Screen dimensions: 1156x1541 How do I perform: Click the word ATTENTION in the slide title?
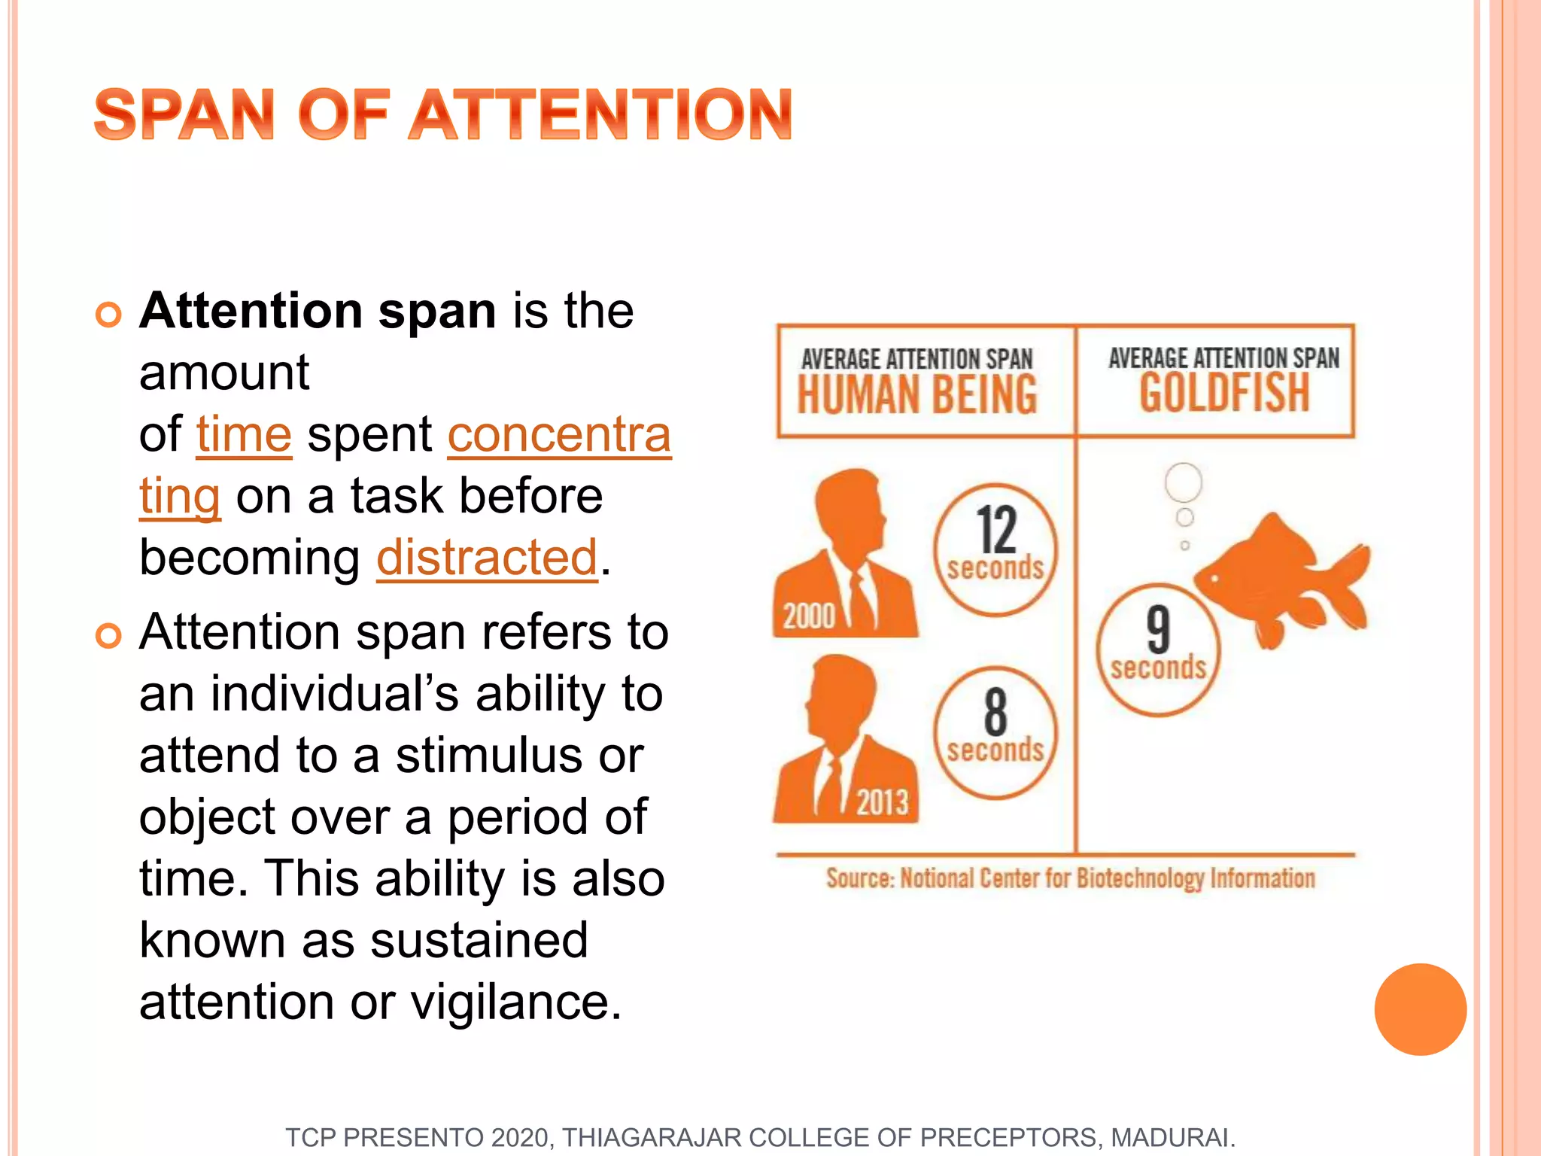click(600, 114)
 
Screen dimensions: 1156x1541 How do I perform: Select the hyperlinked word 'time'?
click(244, 435)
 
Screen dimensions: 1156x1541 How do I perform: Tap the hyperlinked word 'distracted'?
click(487, 558)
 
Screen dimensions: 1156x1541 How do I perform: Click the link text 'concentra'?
click(559, 435)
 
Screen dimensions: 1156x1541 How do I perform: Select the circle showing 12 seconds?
click(995, 549)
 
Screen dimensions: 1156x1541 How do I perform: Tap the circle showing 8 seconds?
click(995, 732)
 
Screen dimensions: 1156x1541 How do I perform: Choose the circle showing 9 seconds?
click(1158, 649)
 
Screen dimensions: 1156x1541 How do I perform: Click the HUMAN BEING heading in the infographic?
click(917, 394)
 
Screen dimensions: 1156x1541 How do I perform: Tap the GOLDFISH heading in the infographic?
click(1224, 393)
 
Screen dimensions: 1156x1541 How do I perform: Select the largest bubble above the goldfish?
click(1183, 482)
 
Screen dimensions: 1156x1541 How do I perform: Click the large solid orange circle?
click(1420, 1009)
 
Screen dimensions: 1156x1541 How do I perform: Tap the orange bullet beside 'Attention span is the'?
click(109, 315)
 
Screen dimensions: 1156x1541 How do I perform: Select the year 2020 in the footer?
click(521, 1137)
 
